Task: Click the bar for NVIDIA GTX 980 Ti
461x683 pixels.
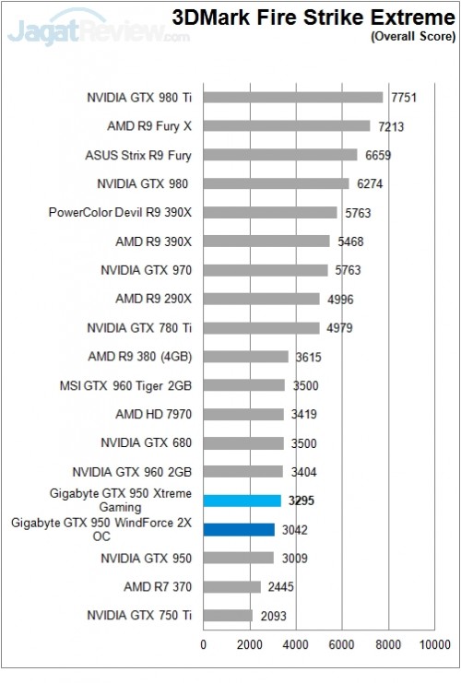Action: pos(292,97)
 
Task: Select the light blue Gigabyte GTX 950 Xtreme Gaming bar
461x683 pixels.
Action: pos(242,500)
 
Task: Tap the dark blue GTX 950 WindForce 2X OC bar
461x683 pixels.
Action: pos(239,529)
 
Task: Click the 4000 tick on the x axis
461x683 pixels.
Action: pos(295,645)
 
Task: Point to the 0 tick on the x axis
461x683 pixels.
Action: pos(204,645)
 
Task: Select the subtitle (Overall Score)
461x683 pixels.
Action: pos(412,37)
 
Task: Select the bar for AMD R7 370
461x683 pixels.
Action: pos(231,586)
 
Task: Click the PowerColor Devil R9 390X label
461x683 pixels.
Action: pos(120,212)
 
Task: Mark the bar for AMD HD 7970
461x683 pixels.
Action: pos(243,414)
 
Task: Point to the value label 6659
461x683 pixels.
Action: pos(379,155)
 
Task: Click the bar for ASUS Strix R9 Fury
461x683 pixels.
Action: pos(279,155)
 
